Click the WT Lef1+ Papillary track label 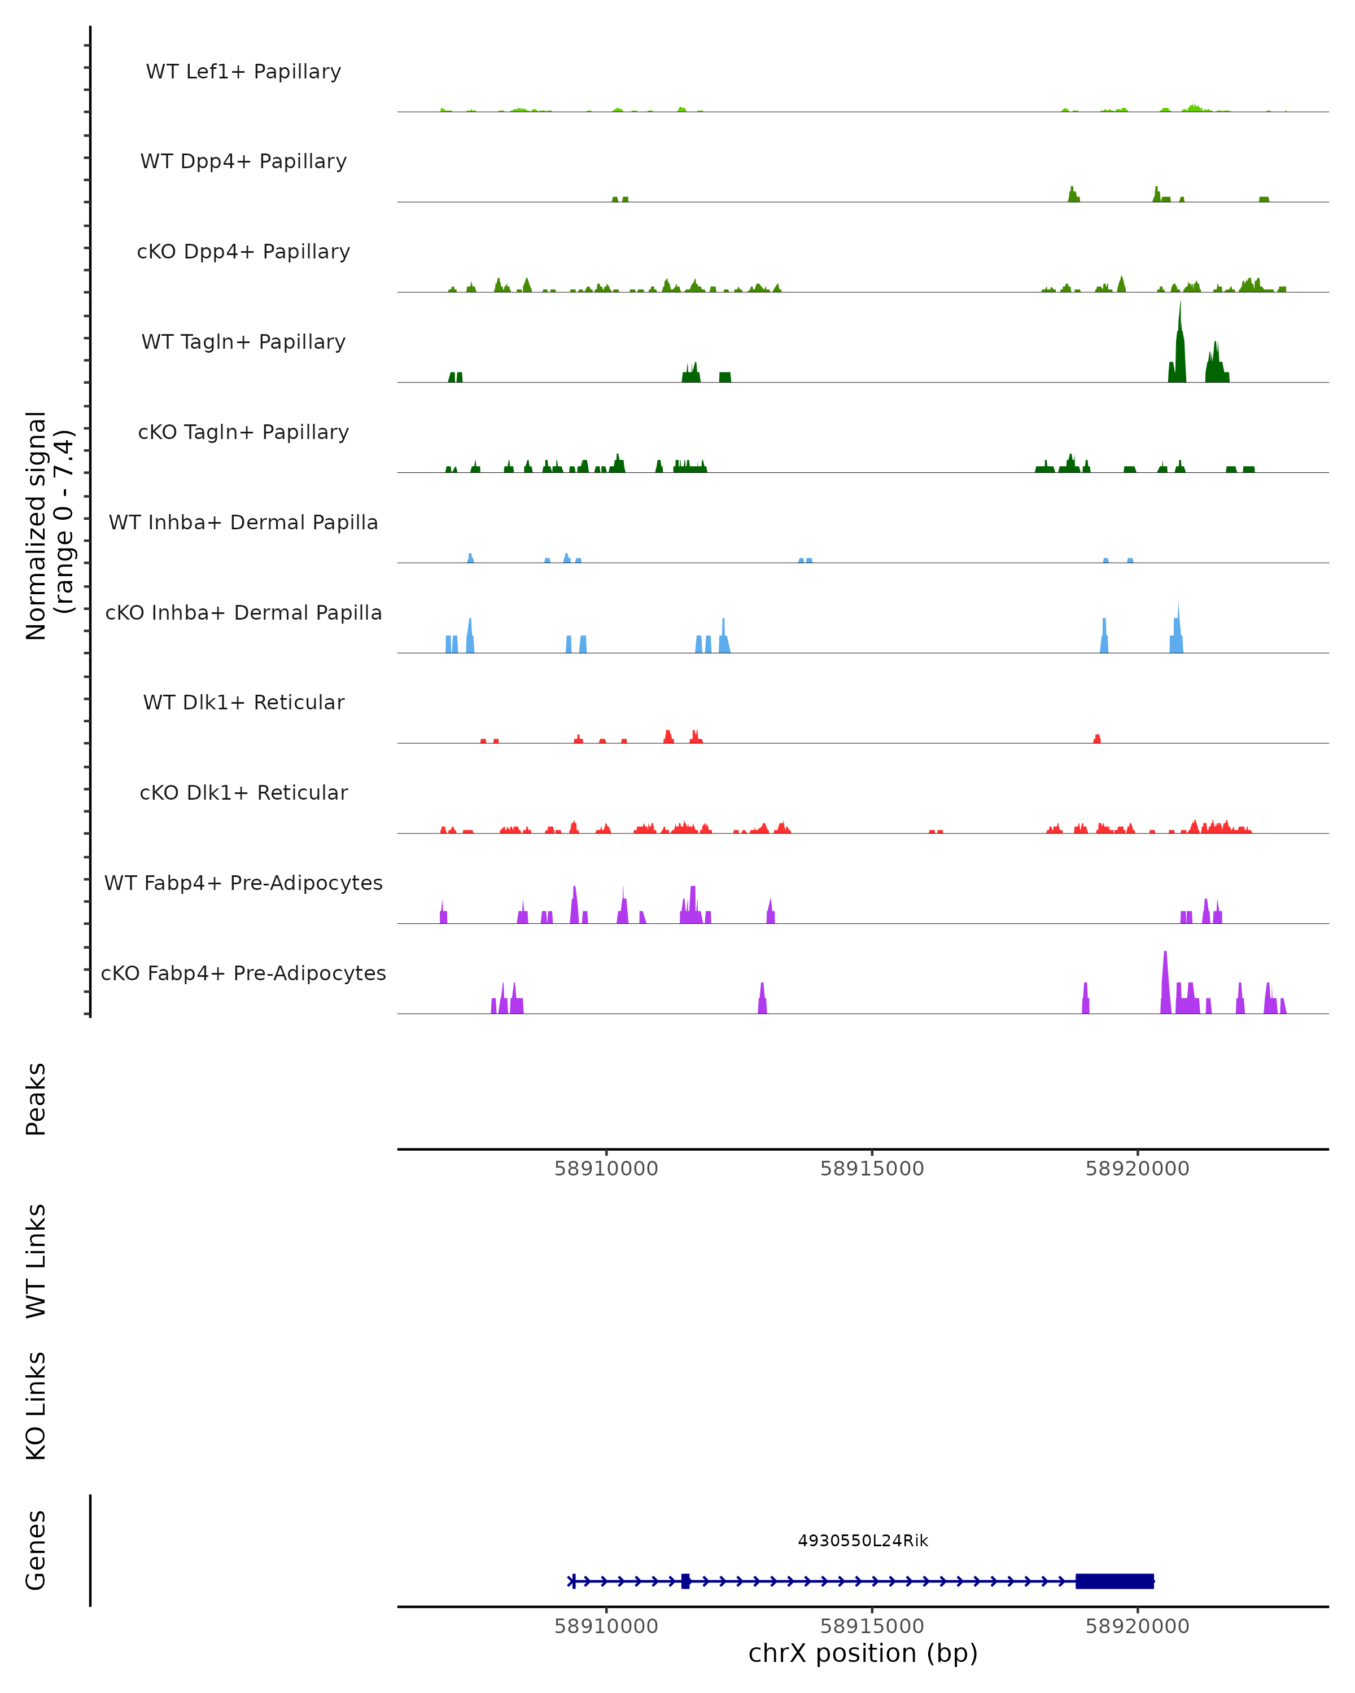pos(243,72)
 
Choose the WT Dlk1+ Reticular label pos(243,702)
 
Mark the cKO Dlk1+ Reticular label pos(243,792)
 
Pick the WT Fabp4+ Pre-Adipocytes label pos(243,883)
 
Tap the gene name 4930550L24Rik pos(863,1541)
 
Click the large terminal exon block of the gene pos(1114,1581)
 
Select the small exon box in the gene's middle pos(686,1581)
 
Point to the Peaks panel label pos(36,1099)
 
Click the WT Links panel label pos(36,1260)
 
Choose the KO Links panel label pos(36,1406)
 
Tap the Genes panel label pos(36,1550)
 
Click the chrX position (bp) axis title pos(863,1653)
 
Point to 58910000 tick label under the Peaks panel pos(606,1169)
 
